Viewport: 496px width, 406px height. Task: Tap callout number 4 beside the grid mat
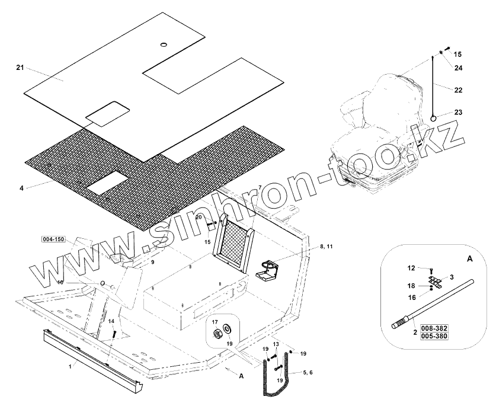click(x=21, y=188)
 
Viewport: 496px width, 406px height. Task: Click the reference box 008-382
click(x=434, y=328)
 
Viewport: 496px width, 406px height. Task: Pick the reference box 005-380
click(x=434, y=336)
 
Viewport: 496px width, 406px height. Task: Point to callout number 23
click(x=457, y=112)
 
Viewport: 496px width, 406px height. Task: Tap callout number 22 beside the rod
click(x=457, y=90)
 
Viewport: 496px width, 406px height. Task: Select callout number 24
click(x=457, y=68)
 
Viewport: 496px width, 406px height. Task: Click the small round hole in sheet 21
click(x=164, y=45)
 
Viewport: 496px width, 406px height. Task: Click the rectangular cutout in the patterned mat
click(x=108, y=186)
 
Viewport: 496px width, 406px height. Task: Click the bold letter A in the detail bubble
click(x=470, y=259)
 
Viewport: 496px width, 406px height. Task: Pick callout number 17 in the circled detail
click(x=215, y=323)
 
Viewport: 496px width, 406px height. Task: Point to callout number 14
click(x=110, y=321)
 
